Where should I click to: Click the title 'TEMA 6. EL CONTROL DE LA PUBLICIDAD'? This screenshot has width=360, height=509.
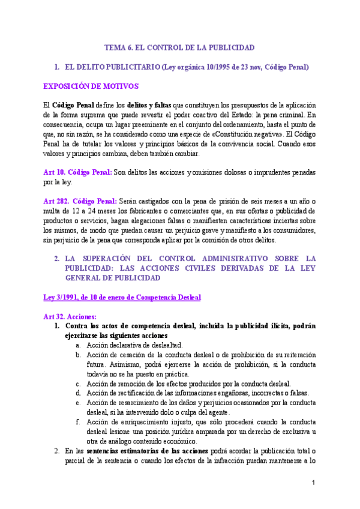(x=180, y=47)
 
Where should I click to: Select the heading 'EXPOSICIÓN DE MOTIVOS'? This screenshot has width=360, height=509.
(x=91, y=86)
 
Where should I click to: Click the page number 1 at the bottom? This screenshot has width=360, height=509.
(x=313, y=483)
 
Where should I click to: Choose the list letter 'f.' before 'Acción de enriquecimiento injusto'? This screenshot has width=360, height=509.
(x=78, y=421)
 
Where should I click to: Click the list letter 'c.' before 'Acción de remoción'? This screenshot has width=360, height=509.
(x=78, y=384)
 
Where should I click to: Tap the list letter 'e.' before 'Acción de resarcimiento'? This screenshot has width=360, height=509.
(x=78, y=403)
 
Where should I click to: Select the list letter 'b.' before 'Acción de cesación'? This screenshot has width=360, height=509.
(x=78, y=355)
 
